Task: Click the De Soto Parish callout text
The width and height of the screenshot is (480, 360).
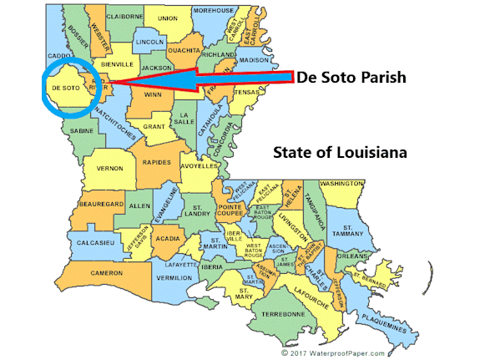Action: [x=351, y=78]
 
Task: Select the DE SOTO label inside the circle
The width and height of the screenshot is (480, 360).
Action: [x=64, y=87]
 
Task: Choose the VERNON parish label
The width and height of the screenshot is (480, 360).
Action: [x=110, y=168]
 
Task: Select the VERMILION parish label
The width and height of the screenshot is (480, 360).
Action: [x=174, y=277]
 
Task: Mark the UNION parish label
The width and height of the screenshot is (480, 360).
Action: [x=168, y=17]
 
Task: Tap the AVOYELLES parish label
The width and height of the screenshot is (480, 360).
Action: [x=198, y=164]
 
